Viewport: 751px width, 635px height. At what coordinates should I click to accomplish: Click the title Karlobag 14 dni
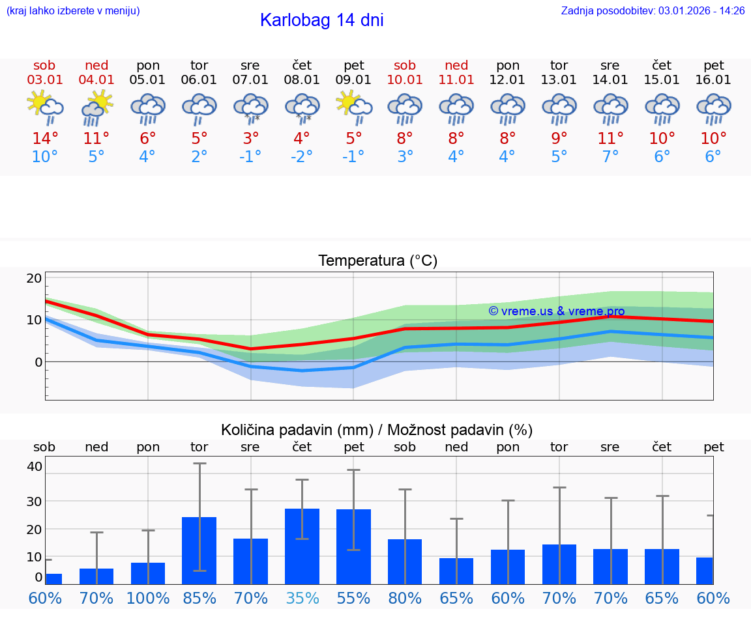coord(321,20)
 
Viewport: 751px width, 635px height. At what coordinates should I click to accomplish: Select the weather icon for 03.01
coord(45,106)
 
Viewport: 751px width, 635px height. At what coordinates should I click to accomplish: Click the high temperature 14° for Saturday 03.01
coord(44,139)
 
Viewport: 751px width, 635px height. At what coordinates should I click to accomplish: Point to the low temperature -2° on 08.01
coord(301,157)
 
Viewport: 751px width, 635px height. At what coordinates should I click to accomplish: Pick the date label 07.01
coord(250,79)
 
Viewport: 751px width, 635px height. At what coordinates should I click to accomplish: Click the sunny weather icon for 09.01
coord(354,106)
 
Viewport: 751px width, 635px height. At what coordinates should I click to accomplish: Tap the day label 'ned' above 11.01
coord(456,65)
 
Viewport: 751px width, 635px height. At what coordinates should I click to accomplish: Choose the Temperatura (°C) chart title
coord(377,261)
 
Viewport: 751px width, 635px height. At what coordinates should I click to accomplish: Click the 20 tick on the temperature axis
coord(34,278)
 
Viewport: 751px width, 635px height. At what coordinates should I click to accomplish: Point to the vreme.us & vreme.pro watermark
coord(557,311)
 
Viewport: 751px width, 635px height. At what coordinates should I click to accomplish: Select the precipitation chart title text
coord(377,430)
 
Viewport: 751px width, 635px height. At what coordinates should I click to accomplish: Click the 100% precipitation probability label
coord(148,598)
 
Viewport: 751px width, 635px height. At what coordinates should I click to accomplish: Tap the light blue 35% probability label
coord(302,598)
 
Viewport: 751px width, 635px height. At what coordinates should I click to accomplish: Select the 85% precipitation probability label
coord(199,598)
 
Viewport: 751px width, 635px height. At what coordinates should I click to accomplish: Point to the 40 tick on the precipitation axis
coord(34,466)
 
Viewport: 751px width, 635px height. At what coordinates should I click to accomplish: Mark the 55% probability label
coord(354,598)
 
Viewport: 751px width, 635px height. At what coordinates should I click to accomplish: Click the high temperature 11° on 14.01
coord(611,139)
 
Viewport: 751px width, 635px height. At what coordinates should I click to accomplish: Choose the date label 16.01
coord(714,79)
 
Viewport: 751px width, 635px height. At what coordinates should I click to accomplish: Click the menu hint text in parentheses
coord(73,10)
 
